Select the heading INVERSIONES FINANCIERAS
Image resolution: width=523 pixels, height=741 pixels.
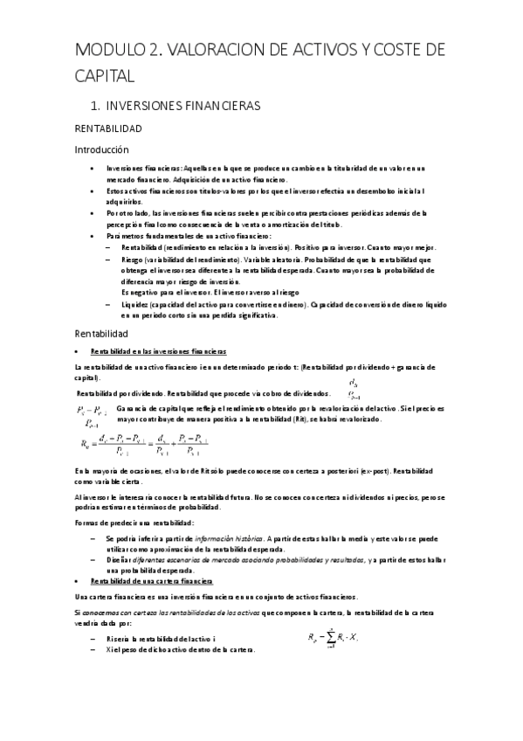(182, 106)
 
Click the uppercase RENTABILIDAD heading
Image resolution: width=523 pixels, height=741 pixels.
(107, 128)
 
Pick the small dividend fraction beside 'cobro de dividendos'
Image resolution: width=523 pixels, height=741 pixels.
(352, 387)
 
